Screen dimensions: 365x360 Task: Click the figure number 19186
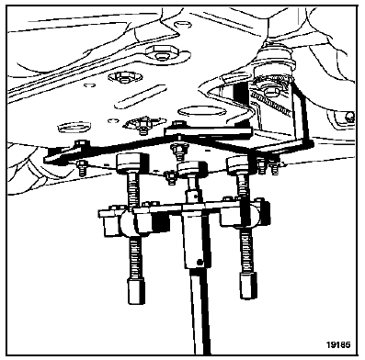pos(338,344)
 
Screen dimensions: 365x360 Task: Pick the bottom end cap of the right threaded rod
pos(247,287)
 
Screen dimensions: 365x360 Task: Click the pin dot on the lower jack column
pos(200,263)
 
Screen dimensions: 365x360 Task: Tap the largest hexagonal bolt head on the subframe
pos(159,52)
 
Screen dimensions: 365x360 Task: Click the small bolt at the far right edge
pos(349,118)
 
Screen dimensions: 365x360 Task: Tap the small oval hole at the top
pos(182,24)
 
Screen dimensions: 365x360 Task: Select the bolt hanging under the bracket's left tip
pos(82,168)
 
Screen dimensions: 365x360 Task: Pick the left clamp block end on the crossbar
pos(109,222)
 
